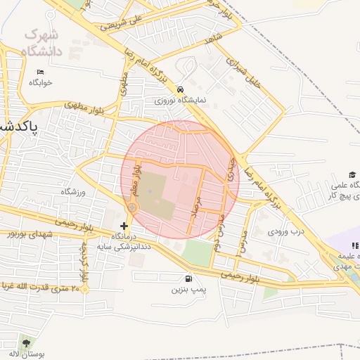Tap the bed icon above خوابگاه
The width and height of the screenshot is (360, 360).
tap(40, 72)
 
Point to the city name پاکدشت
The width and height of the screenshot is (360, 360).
tap(17, 126)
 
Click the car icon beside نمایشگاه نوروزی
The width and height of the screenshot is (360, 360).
tap(181, 89)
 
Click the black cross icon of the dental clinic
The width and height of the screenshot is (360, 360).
tap(124, 226)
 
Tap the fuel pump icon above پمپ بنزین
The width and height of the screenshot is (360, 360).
tap(188, 278)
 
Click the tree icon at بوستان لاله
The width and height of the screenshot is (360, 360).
tap(27, 342)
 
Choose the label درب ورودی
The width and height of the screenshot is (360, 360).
tap(288, 231)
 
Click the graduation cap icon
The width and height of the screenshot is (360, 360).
tap(352, 175)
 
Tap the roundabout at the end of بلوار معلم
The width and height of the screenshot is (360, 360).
tap(132, 207)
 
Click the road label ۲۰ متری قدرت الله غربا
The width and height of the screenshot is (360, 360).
tap(42, 287)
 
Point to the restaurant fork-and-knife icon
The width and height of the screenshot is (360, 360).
tap(355, 246)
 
